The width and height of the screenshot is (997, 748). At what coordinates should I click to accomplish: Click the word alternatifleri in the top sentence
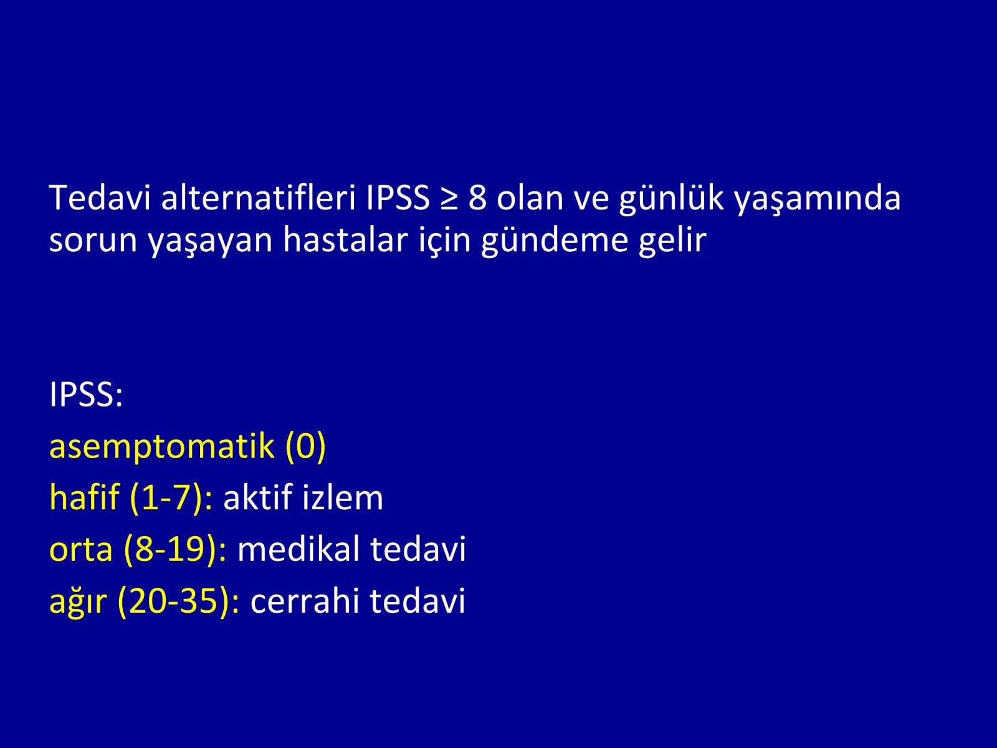(258, 198)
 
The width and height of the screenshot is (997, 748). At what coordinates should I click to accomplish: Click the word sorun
(93, 240)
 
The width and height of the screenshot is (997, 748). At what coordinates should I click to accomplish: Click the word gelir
(673, 241)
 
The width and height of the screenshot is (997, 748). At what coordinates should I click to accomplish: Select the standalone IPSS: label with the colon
(86, 394)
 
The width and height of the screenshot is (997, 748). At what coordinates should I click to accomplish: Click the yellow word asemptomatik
(162, 448)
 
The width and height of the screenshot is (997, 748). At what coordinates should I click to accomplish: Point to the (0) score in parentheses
(306, 446)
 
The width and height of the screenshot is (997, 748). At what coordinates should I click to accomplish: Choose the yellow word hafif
(85, 497)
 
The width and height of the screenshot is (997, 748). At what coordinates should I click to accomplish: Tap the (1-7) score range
(166, 498)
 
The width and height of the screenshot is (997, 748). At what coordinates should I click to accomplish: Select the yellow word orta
(81, 550)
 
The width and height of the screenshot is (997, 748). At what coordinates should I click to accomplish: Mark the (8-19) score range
(171, 550)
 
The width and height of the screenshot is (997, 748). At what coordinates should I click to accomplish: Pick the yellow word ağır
(78, 602)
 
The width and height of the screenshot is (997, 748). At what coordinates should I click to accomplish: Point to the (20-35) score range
(174, 602)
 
